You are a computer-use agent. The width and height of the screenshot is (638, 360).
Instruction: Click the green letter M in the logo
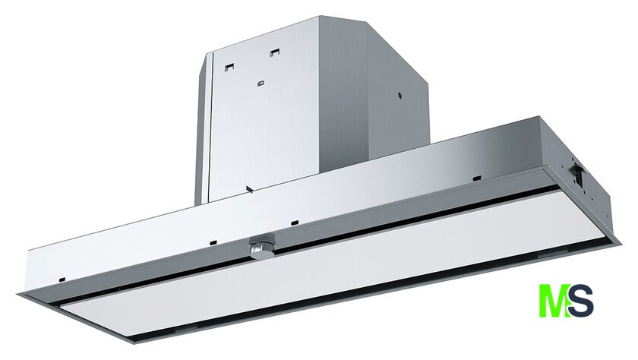tap(554, 301)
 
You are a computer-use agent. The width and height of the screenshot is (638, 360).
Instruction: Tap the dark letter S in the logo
tap(581, 301)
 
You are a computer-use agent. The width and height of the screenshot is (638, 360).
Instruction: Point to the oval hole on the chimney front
tap(261, 84)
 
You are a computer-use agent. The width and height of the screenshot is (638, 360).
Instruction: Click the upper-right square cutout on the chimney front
tap(275, 52)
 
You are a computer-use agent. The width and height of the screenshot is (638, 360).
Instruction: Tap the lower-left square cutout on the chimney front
tap(230, 67)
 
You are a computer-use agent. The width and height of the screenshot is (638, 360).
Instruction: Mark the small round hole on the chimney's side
tap(400, 96)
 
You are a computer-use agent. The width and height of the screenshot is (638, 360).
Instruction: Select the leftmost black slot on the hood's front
tap(62, 279)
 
